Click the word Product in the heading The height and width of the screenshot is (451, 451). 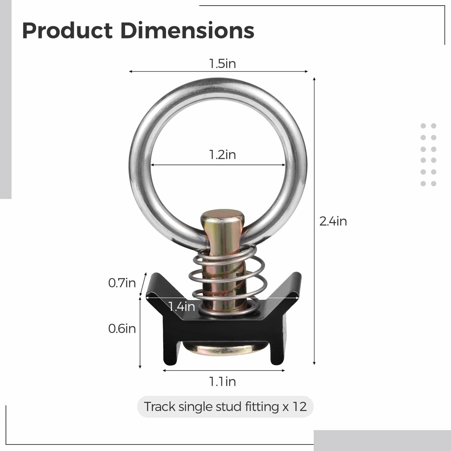[x=67, y=31]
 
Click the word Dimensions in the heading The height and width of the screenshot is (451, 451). [x=187, y=31]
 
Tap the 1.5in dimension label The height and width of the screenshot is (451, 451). [x=222, y=64]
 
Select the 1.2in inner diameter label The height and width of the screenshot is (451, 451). [x=222, y=155]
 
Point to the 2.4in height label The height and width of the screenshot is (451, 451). [x=333, y=221]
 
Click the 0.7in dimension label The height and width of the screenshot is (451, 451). [x=122, y=283]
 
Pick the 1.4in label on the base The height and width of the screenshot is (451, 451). [x=182, y=306]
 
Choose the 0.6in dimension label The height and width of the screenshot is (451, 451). [x=122, y=328]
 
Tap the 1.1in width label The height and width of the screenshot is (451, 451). [x=222, y=381]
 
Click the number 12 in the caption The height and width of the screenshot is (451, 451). [x=299, y=407]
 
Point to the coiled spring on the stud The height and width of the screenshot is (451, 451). [x=227, y=278]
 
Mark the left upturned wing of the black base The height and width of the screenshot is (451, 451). [x=161, y=286]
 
